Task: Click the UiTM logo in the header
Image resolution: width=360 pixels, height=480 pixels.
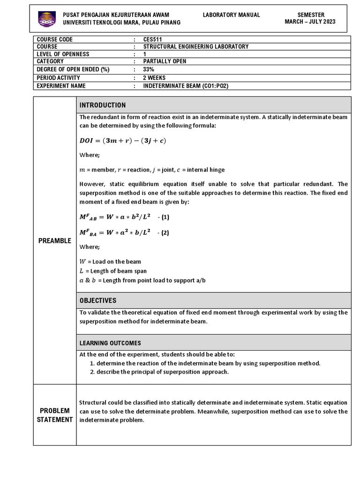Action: (x=46, y=18)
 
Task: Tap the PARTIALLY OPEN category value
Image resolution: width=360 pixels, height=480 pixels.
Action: (x=165, y=62)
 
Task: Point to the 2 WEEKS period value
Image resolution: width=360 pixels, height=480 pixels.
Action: (x=154, y=78)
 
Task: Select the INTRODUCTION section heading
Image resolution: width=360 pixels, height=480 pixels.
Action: (x=102, y=105)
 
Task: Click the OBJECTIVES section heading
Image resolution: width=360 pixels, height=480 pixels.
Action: (x=97, y=300)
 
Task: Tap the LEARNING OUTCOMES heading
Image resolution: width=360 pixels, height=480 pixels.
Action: (x=110, y=343)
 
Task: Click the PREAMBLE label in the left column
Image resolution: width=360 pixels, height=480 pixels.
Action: (x=54, y=241)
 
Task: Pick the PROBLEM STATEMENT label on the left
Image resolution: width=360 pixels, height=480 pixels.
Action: (x=54, y=415)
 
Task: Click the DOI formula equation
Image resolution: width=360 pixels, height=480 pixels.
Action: (x=123, y=141)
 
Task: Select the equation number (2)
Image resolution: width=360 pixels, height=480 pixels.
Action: (x=163, y=232)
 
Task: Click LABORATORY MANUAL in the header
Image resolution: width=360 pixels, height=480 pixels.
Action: (x=231, y=15)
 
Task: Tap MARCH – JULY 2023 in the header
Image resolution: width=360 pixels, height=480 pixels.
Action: (x=310, y=22)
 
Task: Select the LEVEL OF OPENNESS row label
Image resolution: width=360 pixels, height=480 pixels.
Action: (x=63, y=54)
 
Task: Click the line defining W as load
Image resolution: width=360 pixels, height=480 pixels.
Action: (x=110, y=262)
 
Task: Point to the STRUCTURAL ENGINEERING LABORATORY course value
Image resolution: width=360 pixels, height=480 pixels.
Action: (x=195, y=47)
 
